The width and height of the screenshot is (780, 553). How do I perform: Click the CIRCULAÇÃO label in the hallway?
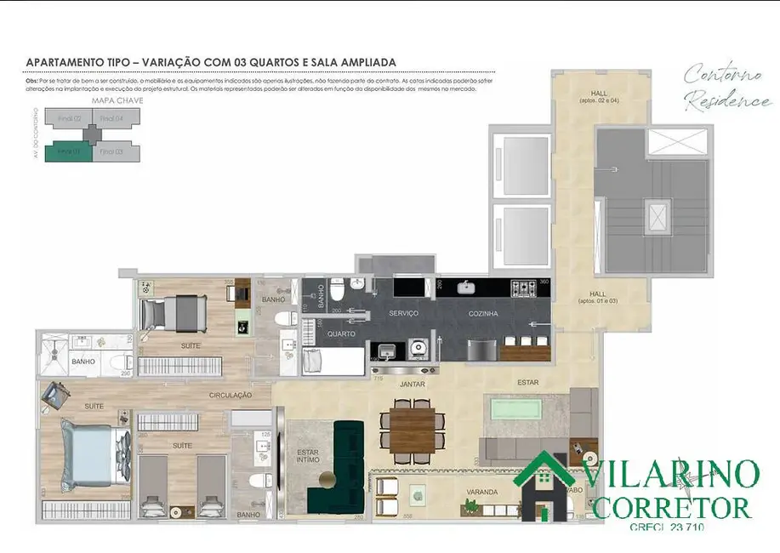[x=231, y=395]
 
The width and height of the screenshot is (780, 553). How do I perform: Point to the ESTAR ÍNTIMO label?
[x=307, y=457]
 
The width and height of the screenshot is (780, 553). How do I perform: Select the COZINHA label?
[x=482, y=313]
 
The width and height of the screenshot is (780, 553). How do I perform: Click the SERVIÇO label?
[x=403, y=313]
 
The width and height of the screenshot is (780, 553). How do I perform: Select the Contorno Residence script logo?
[x=727, y=86]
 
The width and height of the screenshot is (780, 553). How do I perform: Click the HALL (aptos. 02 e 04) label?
[x=600, y=96]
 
